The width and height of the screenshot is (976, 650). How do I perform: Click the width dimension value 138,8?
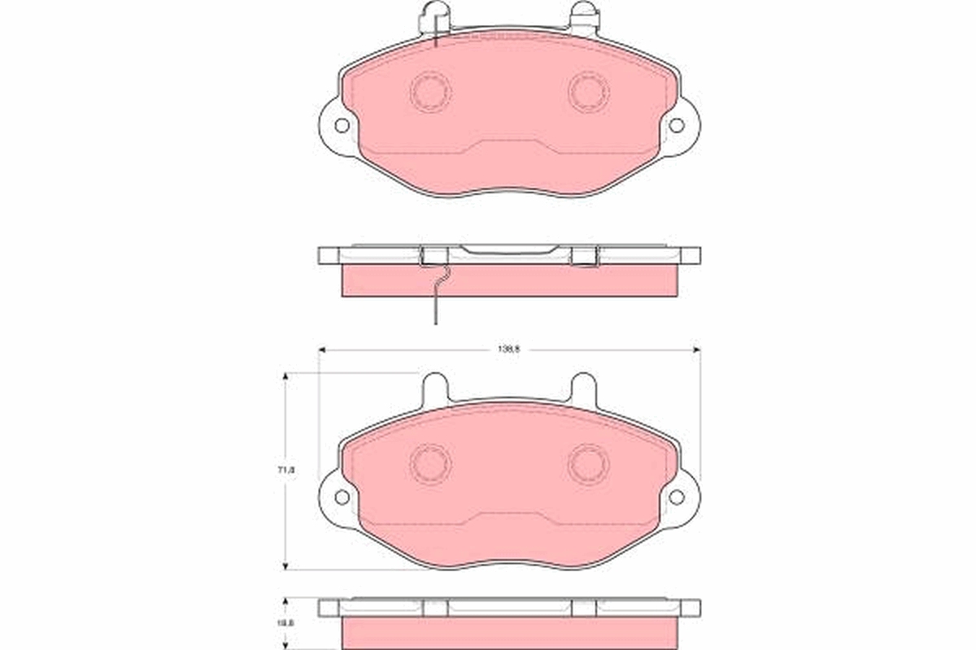[509, 349]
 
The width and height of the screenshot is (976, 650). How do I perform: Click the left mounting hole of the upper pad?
[342, 125]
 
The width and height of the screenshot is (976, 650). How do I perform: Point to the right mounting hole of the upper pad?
[677, 125]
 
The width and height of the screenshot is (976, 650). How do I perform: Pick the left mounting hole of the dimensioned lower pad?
[342, 496]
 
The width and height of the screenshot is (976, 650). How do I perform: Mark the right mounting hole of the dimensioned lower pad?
[677, 496]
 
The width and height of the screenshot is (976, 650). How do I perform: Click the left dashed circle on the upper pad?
[430, 92]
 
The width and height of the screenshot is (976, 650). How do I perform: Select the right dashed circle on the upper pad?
[588, 92]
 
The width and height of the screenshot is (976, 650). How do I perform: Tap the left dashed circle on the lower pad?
[430, 464]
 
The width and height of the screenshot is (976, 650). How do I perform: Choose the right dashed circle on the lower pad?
[588, 464]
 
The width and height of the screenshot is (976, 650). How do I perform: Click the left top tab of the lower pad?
[436, 388]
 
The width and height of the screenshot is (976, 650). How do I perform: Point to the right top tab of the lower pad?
[583, 388]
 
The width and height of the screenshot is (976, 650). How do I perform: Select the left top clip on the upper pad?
[434, 18]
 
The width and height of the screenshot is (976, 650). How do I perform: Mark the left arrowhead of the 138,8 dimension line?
[321, 349]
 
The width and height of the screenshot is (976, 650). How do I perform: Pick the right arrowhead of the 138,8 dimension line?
[696, 349]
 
